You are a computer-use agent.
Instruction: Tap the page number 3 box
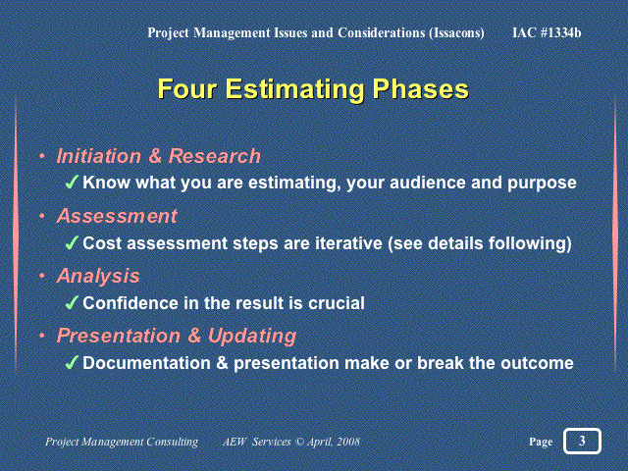(582, 441)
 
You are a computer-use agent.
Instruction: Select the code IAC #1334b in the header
(547, 32)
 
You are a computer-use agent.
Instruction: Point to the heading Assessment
(117, 216)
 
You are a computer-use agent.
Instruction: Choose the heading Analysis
(98, 276)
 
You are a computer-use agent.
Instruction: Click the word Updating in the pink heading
(252, 336)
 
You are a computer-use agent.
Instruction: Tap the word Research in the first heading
(214, 156)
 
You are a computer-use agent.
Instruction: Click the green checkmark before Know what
(72, 183)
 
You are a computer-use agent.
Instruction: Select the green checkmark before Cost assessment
(72, 243)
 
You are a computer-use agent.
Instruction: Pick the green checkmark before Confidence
(72, 303)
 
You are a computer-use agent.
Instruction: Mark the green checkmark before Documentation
(72, 363)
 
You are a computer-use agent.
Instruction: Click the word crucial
(337, 303)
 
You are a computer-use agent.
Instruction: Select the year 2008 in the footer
(348, 442)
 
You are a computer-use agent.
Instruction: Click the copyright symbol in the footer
(300, 442)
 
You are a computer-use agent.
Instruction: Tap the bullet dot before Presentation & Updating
(42, 336)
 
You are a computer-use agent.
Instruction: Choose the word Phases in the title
(421, 89)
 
